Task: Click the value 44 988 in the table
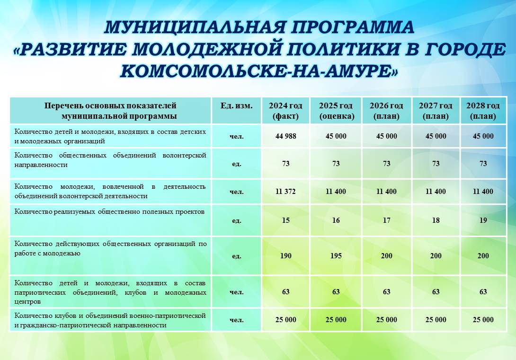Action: click(285, 136)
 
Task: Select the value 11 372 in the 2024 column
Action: click(285, 191)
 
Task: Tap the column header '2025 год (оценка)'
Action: click(336, 111)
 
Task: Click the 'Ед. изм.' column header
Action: click(236, 106)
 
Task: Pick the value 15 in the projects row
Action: click(285, 220)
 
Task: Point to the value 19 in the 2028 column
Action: click(483, 220)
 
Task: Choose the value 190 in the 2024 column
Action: click(285, 256)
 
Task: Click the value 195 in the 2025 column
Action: click(336, 256)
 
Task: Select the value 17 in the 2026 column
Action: click(387, 220)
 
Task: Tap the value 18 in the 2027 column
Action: click(436, 220)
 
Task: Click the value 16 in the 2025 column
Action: click(336, 220)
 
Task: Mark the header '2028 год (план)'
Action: click(483, 111)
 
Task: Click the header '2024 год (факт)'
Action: click(285, 111)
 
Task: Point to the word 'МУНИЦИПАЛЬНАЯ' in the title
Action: click(195, 27)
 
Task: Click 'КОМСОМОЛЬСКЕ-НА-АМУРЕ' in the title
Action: click(258, 71)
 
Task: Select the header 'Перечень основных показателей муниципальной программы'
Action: click(111, 111)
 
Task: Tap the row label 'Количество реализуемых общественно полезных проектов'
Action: click(109, 212)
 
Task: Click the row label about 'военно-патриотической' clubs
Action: click(110, 320)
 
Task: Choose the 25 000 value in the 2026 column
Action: click(387, 320)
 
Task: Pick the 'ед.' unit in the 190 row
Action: click(236, 256)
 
